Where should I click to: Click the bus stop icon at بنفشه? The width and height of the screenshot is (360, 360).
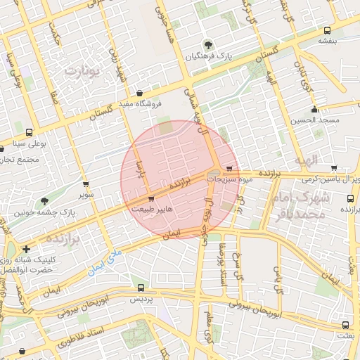click(x=327, y=30)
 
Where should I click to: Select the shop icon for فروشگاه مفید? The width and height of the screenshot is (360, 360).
click(x=139, y=93)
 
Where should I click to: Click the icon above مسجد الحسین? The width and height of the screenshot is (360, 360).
click(x=314, y=109)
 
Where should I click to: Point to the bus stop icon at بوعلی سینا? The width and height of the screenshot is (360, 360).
click(x=29, y=132)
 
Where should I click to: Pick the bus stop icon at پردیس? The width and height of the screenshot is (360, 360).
click(x=141, y=288)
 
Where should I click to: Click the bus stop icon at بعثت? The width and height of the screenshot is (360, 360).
click(x=345, y=326)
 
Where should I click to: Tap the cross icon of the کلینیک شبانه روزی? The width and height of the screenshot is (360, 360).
click(x=26, y=249)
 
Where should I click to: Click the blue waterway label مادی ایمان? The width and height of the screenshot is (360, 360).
click(x=105, y=261)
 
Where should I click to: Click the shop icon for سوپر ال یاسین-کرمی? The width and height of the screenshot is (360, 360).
click(x=333, y=168)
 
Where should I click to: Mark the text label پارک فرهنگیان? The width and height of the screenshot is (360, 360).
click(x=214, y=55)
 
